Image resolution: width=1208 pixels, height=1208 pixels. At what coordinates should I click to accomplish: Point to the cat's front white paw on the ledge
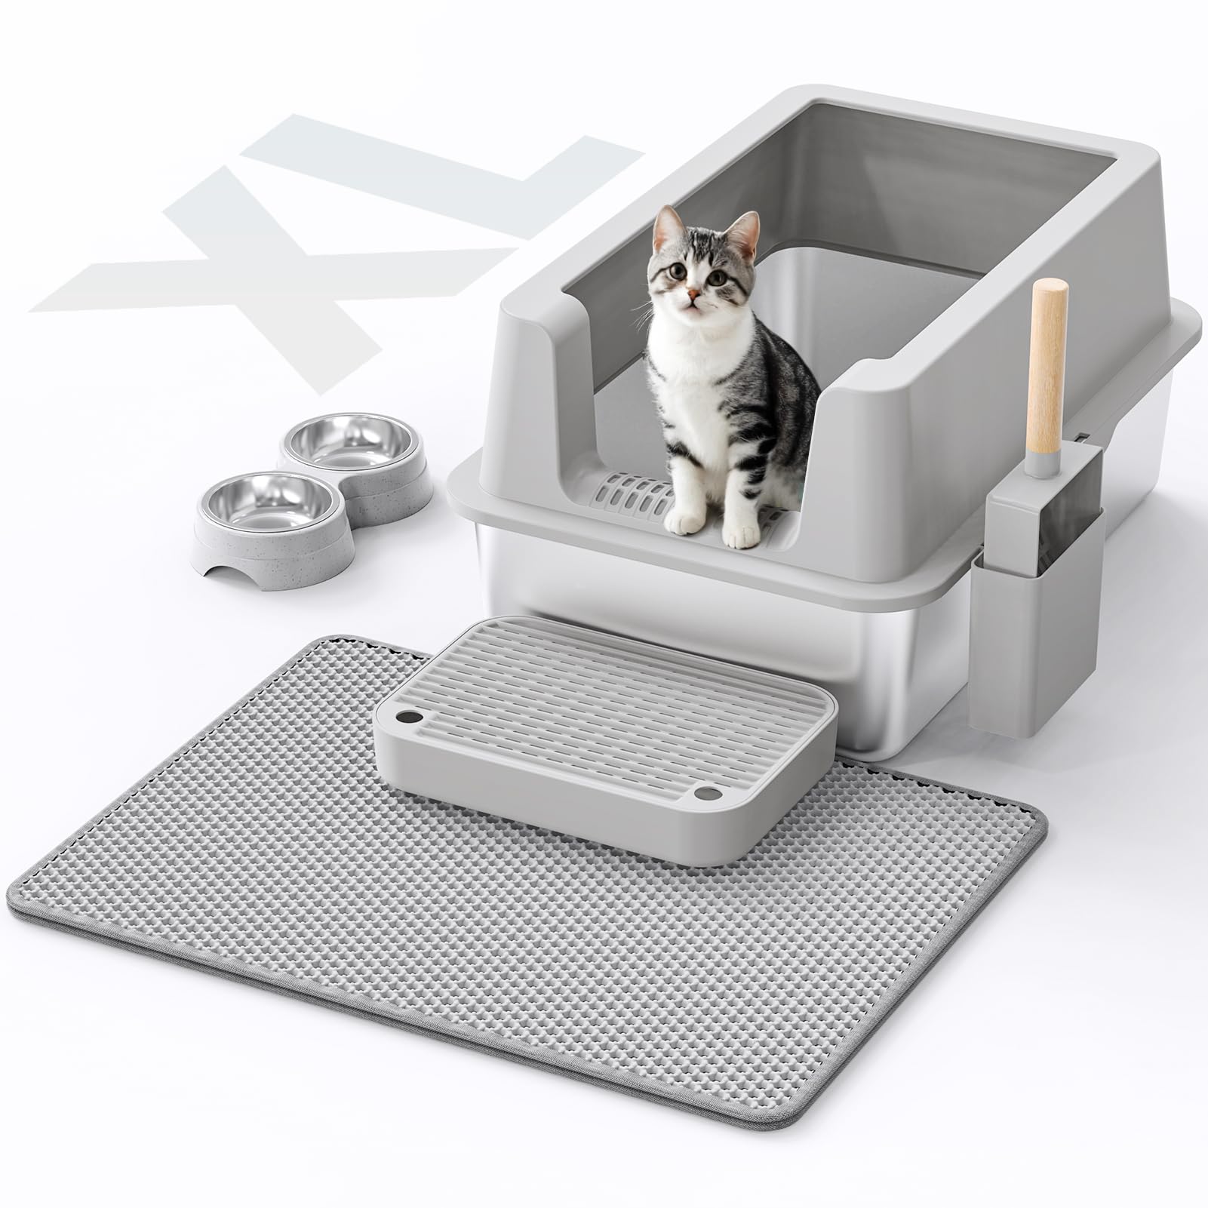[x=684, y=521]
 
